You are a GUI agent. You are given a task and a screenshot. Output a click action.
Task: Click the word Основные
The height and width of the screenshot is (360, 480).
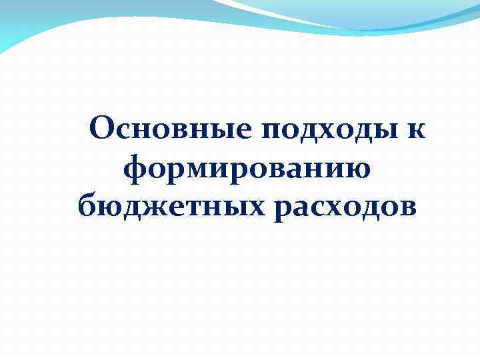[x=167, y=129]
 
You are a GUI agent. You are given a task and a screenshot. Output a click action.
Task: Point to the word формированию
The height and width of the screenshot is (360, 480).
[x=248, y=167]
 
